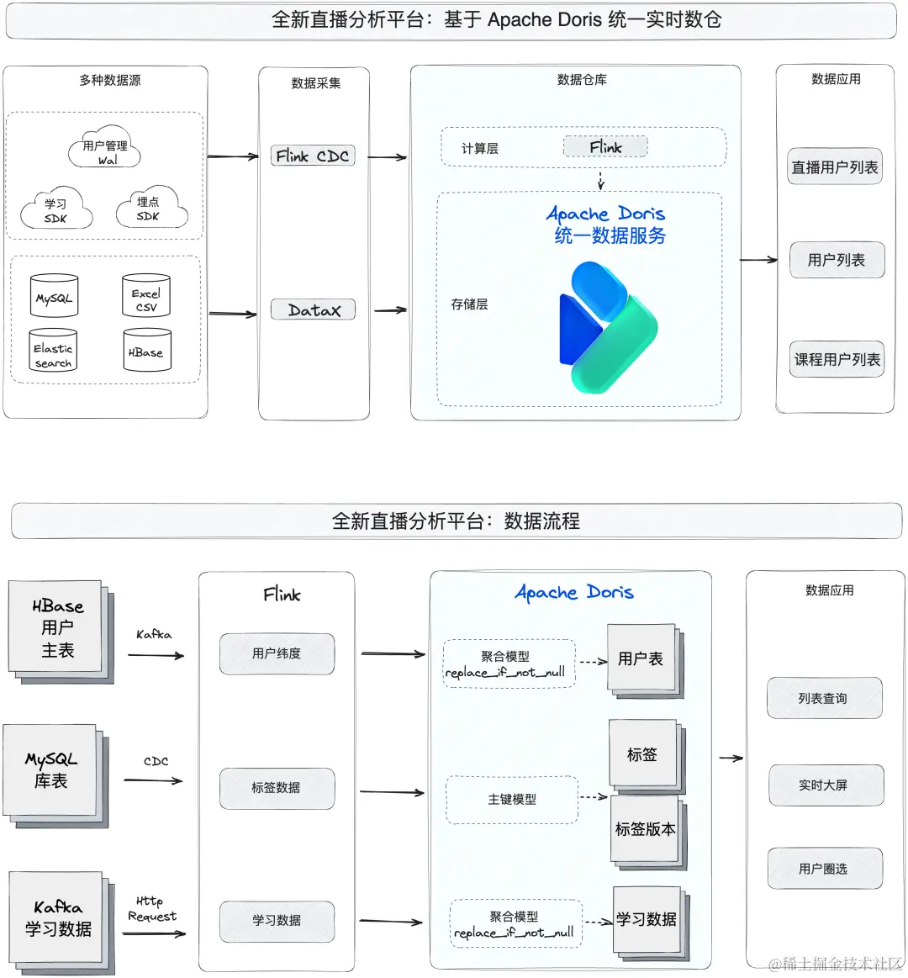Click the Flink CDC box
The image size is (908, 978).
click(313, 156)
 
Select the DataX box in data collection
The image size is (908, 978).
click(313, 309)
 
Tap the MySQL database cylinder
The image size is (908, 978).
click(54, 296)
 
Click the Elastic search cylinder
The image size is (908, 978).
click(53, 351)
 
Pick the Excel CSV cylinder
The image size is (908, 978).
click(146, 296)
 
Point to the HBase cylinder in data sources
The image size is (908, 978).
click(146, 351)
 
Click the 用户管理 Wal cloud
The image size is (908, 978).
click(105, 150)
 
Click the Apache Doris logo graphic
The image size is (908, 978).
click(607, 327)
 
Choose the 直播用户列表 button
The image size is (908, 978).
click(834, 167)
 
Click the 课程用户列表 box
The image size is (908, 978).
click(837, 359)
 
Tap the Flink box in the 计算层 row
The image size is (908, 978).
click(605, 147)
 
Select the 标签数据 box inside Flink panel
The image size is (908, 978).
click(277, 788)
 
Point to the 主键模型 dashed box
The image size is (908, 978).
click(512, 799)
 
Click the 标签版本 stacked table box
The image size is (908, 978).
click(645, 829)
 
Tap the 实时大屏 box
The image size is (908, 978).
click(823, 785)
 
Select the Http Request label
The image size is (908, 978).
click(152, 909)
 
